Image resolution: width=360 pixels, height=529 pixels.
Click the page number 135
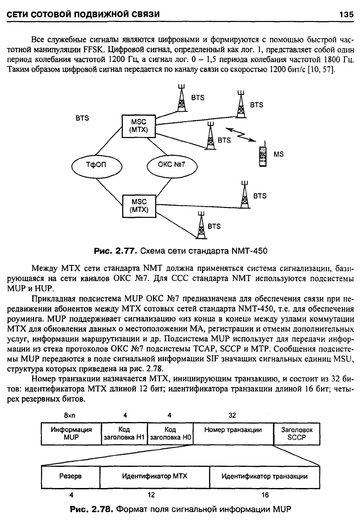point(346,15)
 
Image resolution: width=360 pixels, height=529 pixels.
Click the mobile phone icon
point(263,154)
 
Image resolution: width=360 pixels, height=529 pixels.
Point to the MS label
point(278,154)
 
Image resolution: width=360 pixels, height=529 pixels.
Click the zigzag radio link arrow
point(240,135)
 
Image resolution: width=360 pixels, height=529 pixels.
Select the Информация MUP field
point(71,434)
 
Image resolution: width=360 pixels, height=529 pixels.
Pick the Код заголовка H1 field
point(124,434)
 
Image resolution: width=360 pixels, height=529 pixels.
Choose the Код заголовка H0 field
point(170,434)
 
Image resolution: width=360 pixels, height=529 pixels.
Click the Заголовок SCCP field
point(297,434)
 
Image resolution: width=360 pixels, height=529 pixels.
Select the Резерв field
point(70,477)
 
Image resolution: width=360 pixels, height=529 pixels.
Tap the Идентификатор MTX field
point(155,477)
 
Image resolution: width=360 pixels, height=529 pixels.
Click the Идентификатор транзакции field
point(265,477)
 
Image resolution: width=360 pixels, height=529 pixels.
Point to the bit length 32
point(232,416)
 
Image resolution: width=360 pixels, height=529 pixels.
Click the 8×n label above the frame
point(69,416)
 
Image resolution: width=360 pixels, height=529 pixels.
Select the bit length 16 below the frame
point(265,495)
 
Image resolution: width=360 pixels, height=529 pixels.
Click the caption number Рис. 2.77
point(116,251)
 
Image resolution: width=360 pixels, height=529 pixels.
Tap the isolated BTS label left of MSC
point(82,118)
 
